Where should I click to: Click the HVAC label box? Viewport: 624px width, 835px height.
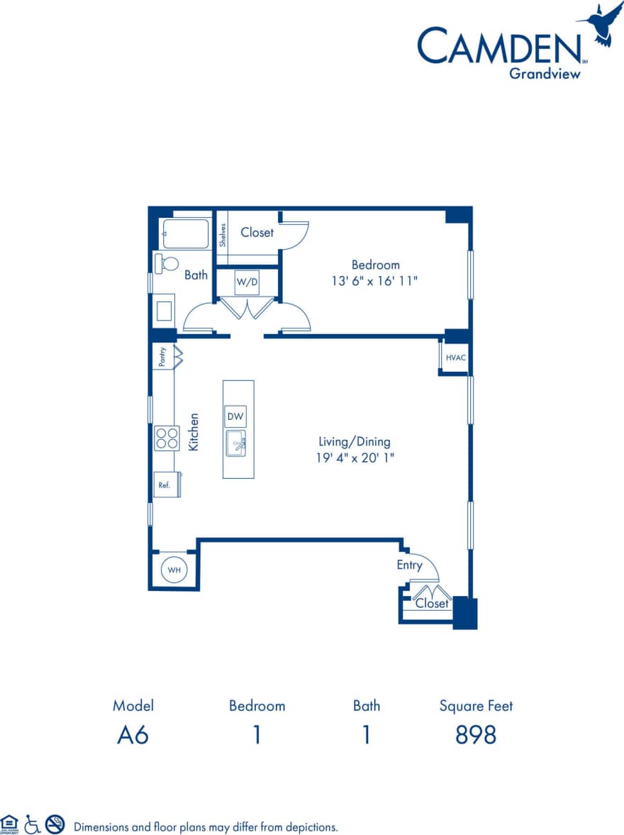[x=455, y=357]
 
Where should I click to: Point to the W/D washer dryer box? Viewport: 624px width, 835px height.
[x=247, y=282]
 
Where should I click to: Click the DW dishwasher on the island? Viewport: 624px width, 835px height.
[x=235, y=417]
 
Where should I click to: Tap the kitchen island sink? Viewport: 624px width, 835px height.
[x=236, y=443]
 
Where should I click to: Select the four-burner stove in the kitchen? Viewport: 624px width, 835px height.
[x=167, y=438]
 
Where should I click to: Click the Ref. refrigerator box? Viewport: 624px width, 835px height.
[x=165, y=485]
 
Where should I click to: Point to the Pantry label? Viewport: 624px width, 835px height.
[x=162, y=356]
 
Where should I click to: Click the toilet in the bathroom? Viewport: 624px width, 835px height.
[x=167, y=263]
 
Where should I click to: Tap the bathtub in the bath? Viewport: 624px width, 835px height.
[x=186, y=233]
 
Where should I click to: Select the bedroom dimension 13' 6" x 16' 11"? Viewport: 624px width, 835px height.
[x=375, y=281]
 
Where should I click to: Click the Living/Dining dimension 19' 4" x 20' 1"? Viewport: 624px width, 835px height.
[x=355, y=458]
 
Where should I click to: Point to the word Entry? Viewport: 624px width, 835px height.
[x=409, y=565]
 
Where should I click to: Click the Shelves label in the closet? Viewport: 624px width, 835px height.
[x=222, y=235]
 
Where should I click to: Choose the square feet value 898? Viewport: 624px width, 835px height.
[x=475, y=736]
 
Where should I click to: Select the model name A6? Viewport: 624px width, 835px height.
[x=133, y=736]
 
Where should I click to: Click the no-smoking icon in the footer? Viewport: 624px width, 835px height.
[x=55, y=824]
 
